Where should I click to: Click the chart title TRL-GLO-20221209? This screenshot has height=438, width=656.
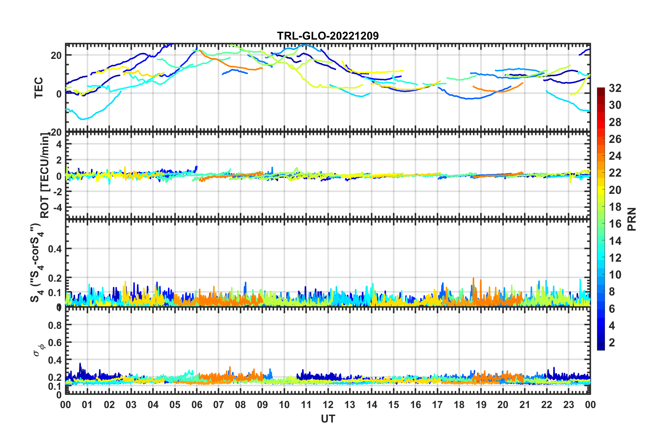[328, 36]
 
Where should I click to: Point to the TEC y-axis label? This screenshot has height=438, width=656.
[39, 87]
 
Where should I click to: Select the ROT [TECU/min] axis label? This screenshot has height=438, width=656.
[45, 176]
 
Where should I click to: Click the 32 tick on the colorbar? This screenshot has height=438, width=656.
[615, 88]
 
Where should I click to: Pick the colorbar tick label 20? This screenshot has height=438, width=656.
[615, 190]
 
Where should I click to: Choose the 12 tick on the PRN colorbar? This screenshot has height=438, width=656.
[615, 258]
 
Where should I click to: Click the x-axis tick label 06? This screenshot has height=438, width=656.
[197, 405]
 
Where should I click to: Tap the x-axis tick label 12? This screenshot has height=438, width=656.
[328, 405]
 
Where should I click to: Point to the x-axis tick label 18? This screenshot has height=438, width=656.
[459, 405]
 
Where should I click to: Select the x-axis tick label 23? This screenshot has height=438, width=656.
[568, 405]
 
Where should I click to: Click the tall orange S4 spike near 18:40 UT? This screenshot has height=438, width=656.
[473, 279]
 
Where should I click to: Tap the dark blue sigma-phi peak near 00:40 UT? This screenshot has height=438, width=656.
[80, 364]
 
